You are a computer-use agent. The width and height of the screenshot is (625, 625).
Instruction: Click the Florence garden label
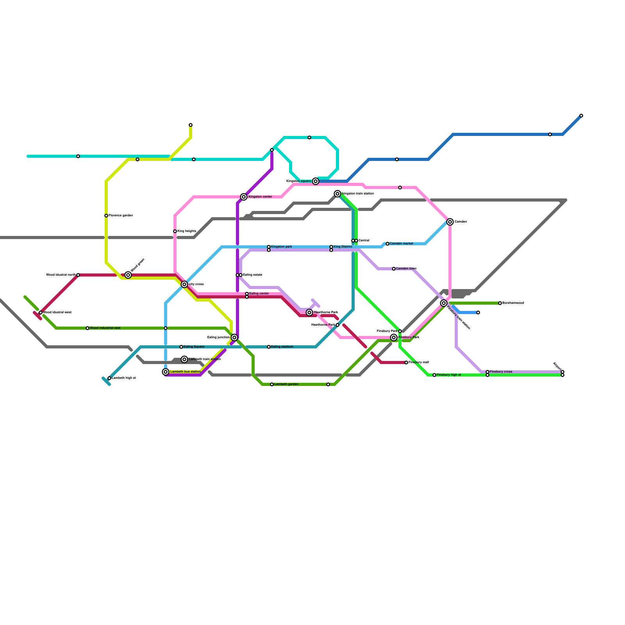[121, 216]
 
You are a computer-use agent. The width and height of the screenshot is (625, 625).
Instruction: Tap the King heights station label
[187, 231]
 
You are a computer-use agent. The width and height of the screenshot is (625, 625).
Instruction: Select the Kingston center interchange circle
[244, 197]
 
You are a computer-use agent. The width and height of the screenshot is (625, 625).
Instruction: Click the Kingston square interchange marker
[316, 181]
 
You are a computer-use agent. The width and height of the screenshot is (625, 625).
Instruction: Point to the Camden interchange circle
[450, 222]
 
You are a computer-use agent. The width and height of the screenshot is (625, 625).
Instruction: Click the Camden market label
[402, 244]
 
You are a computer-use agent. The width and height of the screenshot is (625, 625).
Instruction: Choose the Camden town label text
[406, 269]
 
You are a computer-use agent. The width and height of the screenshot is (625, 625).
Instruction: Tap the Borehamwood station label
[513, 303]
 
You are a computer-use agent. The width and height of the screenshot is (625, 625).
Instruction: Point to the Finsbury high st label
[449, 375]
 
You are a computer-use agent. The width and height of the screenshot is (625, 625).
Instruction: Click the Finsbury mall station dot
[406, 362]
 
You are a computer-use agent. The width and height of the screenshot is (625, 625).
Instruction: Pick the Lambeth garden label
[286, 384]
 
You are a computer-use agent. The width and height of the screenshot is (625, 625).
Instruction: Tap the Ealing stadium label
[282, 347]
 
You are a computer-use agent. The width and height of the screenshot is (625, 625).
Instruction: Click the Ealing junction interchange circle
[234, 337]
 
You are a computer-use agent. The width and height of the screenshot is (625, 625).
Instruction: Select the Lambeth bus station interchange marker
[166, 372]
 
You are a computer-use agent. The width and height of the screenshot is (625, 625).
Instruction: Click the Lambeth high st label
[124, 378]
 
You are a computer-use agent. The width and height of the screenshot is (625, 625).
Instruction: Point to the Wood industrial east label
[105, 328]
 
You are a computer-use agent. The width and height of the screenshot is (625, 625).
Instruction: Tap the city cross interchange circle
[184, 284]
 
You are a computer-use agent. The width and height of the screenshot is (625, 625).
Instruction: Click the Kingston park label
[282, 247]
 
